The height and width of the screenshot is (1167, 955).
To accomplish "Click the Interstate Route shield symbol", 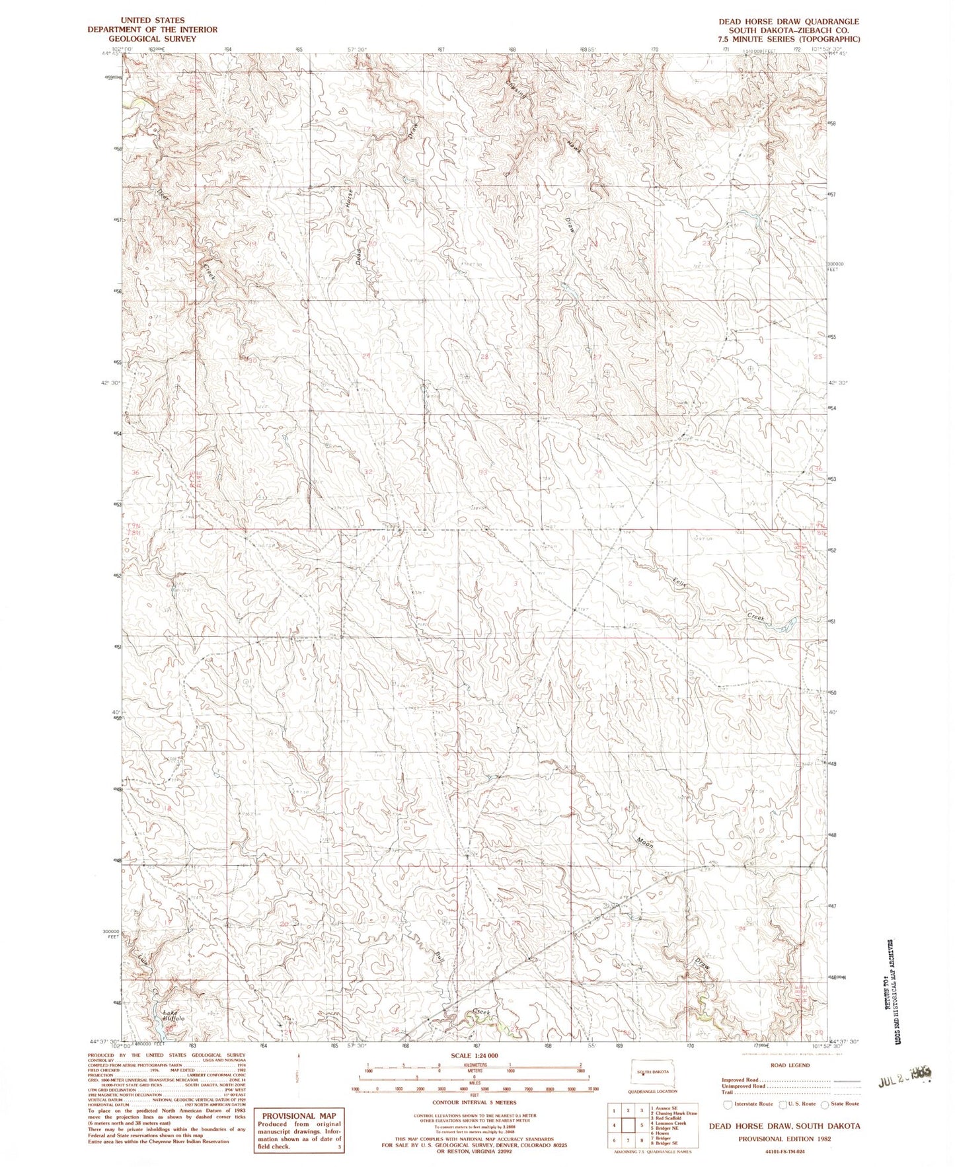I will [x=728, y=1104].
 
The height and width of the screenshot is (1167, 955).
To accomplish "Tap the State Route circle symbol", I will [x=825, y=1104].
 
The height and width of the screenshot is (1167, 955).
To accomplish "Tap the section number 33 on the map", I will [x=482, y=472].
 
